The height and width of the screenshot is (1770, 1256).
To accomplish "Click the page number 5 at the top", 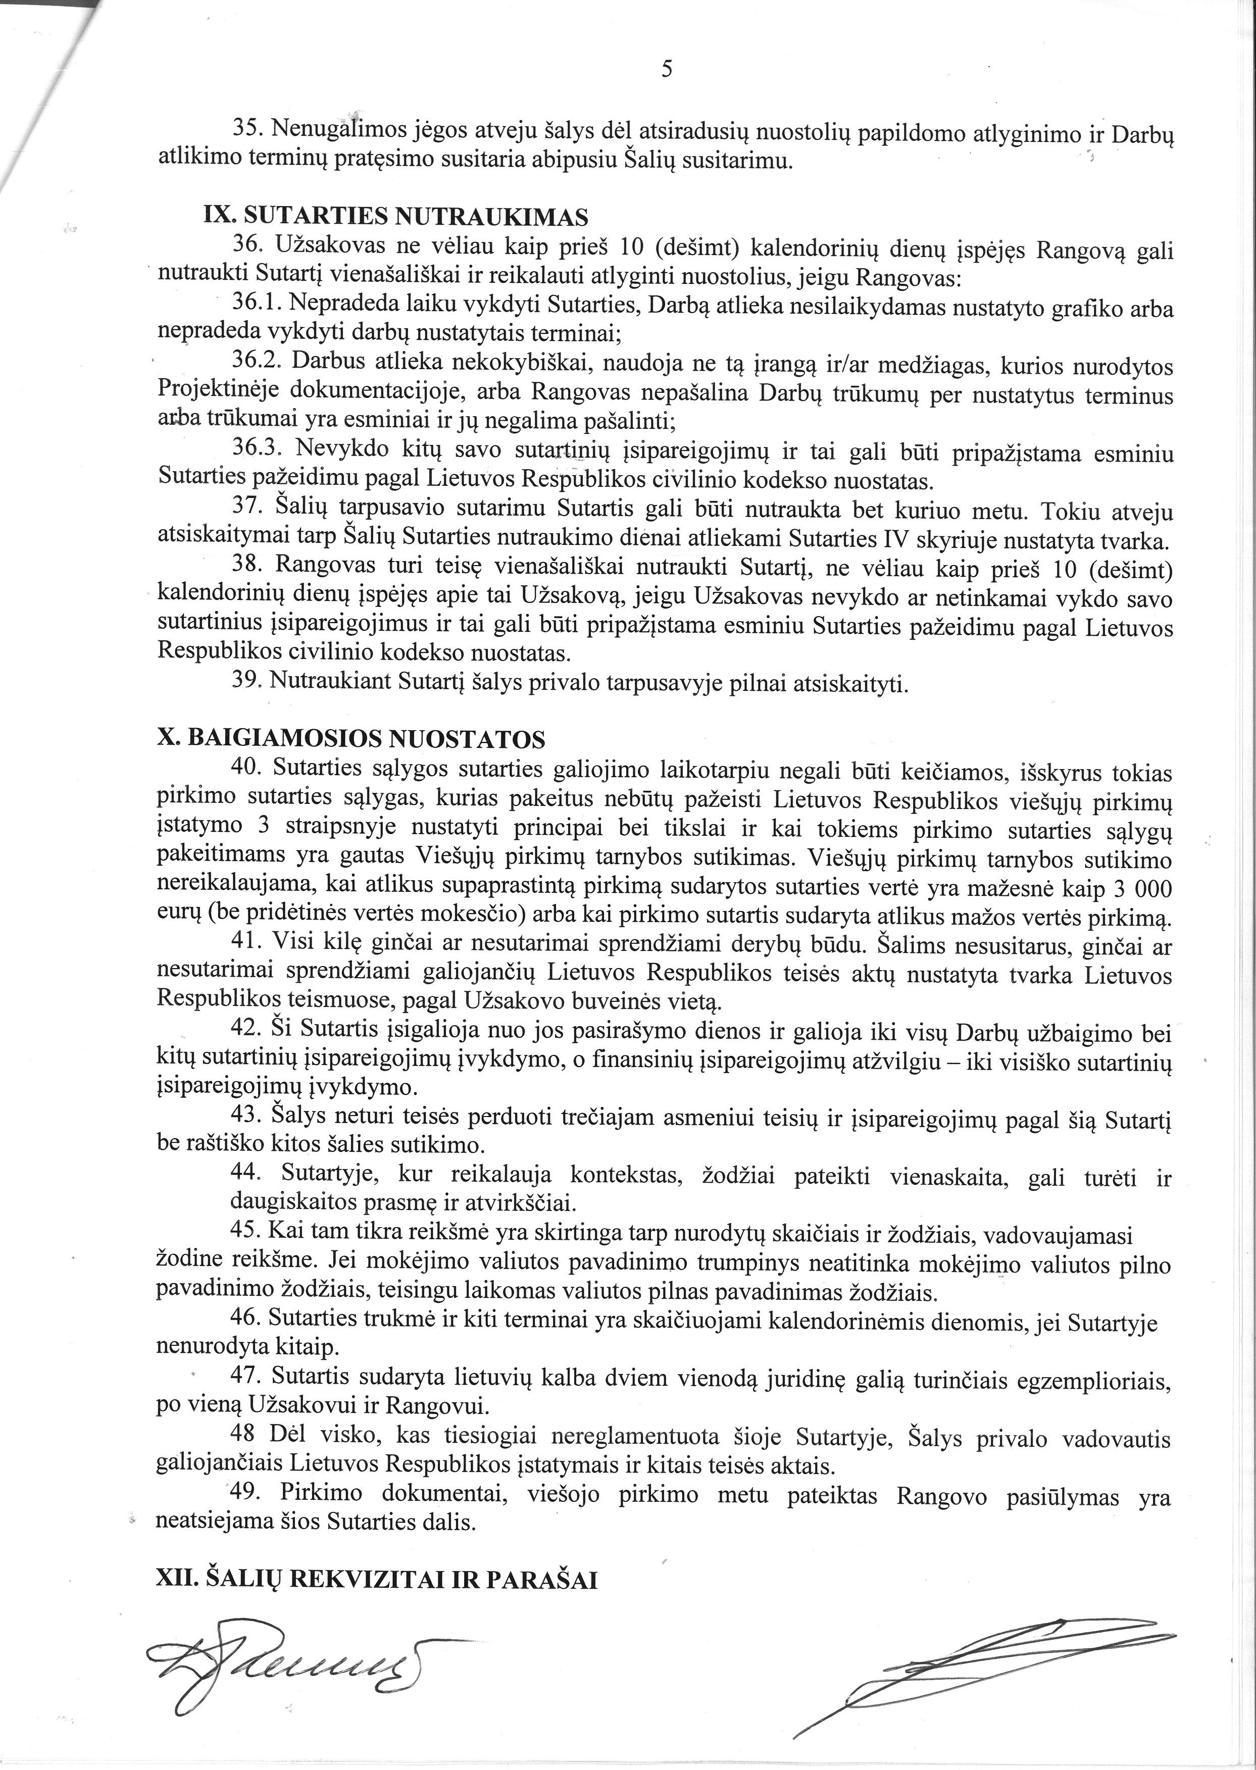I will coord(667,70).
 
